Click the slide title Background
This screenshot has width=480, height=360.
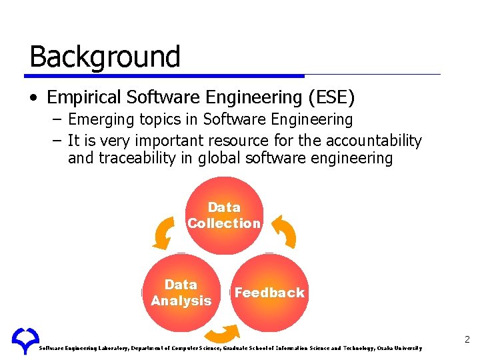point(105,57)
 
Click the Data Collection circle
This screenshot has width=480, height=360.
point(224,215)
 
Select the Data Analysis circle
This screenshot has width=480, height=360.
point(181,293)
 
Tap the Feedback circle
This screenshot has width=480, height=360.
point(269,293)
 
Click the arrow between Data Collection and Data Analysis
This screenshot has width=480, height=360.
point(163,233)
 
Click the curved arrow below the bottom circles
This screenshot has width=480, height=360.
point(225,334)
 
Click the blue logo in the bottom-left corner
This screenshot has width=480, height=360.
point(25,341)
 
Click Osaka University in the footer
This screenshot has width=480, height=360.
point(399,348)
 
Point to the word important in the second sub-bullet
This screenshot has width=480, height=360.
point(169,141)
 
